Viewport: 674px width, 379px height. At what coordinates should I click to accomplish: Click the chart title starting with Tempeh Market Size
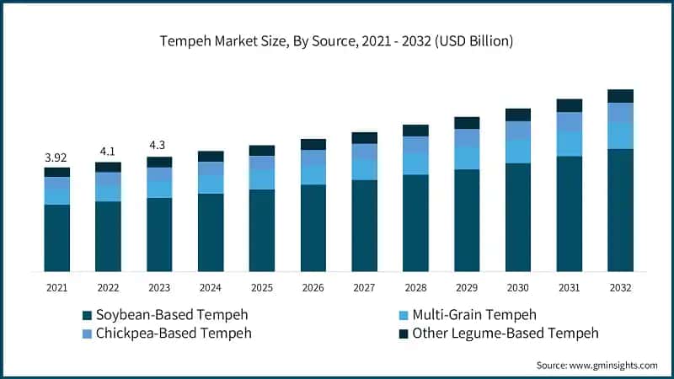tap(337, 40)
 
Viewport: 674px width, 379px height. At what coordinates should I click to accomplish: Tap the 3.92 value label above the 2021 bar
tap(56, 157)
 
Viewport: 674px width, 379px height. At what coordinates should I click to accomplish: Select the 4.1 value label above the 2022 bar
tap(108, 152)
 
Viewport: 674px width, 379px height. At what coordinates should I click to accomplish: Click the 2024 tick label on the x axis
tap(210, 288)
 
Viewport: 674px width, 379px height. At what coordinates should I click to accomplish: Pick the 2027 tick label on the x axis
tap(364, 288)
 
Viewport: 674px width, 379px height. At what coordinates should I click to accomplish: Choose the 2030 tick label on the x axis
tap(518, 288)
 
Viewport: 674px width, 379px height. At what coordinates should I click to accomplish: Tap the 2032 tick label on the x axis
tap(620, 288)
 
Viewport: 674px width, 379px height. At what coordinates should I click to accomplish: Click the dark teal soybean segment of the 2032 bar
tap(620, 211)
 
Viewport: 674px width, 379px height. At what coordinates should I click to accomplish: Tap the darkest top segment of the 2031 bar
tap(570, 105)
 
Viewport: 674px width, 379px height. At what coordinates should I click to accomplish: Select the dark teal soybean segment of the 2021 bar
tap(56, 238)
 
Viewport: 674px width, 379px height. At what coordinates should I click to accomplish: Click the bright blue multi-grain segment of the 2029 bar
tap(467, 158)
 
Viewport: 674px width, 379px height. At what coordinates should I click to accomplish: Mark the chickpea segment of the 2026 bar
tap(313, 157)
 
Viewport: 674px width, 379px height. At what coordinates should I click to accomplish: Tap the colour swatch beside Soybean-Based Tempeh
tap(86, 316)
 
